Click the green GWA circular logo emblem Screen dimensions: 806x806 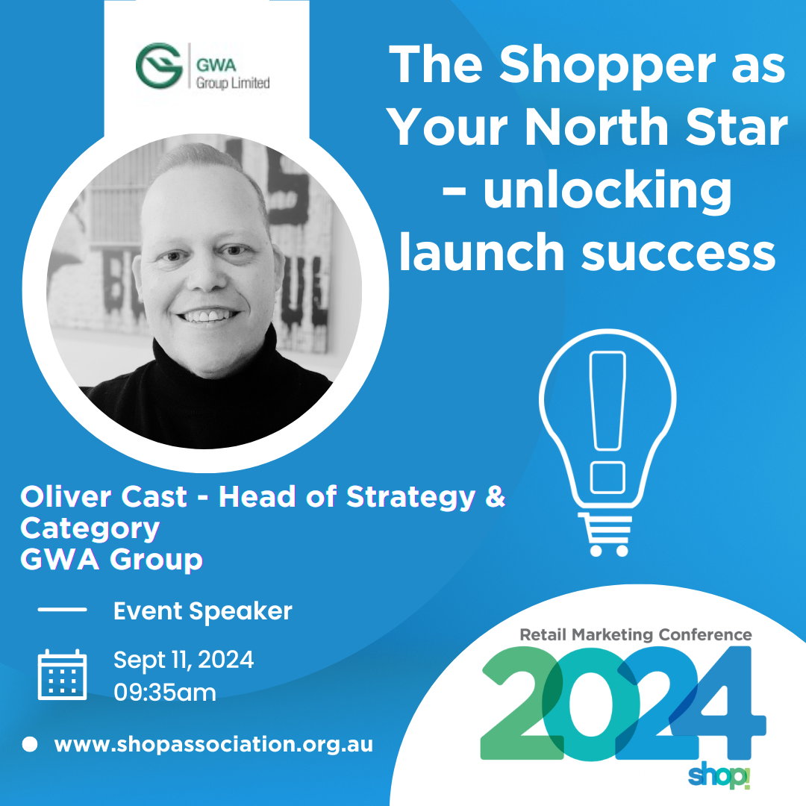[160, 66]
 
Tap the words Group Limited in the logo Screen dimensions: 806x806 [233, 83]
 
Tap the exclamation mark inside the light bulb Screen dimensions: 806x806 [607, 422]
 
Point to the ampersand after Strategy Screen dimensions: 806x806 [495, 497]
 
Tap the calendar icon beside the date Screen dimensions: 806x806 [62, 675]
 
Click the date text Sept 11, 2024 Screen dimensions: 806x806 [184, 660]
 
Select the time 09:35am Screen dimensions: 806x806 [165, 693]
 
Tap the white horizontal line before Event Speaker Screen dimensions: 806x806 [62, 610]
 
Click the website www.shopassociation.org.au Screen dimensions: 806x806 [214, 745]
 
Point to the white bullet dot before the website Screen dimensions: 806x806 [30, 744]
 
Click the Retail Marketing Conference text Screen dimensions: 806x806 [636, 635]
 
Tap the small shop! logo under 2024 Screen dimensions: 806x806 [719, 776]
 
